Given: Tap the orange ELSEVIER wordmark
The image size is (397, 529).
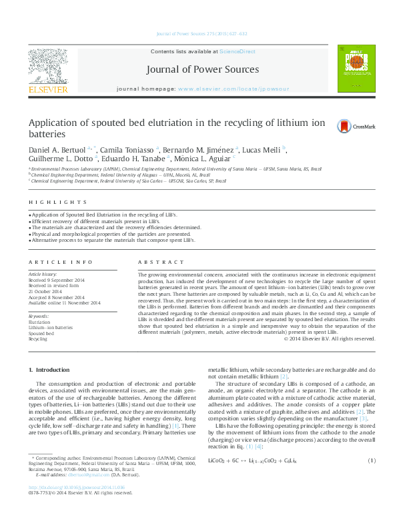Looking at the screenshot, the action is coord(47,89).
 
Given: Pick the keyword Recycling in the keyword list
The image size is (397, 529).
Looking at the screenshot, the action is coord(38,339).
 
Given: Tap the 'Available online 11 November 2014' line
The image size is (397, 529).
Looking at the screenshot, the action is coord(64,303).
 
